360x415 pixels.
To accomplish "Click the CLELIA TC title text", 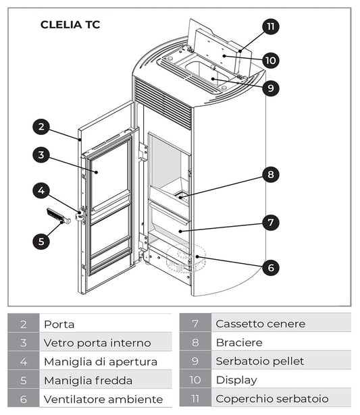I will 70,25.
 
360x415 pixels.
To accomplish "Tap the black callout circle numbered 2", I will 41,126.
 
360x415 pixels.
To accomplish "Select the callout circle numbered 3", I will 41,155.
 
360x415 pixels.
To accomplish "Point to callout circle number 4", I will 41,191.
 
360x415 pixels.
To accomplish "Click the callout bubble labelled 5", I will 41,240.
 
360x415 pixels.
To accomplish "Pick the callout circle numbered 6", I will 270,267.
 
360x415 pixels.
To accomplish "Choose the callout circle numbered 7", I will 270,222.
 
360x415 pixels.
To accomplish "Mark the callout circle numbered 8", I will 270,175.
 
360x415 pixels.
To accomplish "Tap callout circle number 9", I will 270,88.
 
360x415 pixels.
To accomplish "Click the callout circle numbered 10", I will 270,60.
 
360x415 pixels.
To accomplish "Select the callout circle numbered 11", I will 270,27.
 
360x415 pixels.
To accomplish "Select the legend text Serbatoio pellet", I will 259,362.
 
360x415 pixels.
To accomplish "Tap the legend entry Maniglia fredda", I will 88,381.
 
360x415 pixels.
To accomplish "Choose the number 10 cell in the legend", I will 195,381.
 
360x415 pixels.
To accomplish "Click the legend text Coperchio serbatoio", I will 272,399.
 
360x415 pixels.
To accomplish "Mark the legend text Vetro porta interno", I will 97,343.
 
